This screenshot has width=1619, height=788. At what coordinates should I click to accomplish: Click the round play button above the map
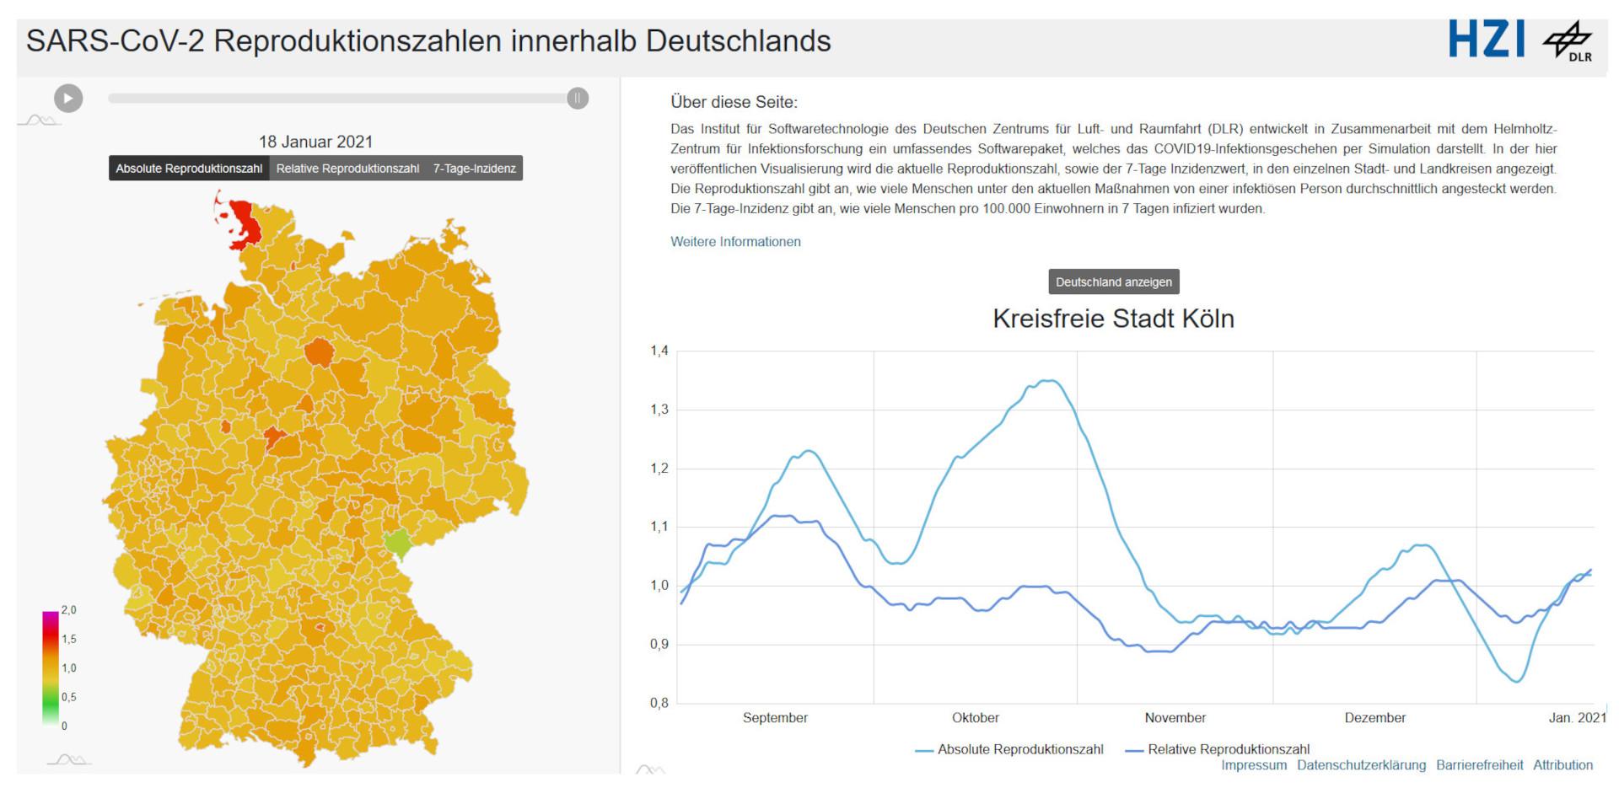(68, 99)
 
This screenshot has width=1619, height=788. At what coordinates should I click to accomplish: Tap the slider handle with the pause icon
(578, 99)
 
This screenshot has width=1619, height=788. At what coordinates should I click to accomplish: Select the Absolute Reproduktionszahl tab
(189, 169)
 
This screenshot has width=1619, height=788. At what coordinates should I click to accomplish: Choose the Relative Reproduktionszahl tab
(347, 169)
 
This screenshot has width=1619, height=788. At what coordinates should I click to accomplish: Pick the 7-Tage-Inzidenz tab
(474, 169)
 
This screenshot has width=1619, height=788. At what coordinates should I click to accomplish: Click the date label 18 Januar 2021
(315, 142)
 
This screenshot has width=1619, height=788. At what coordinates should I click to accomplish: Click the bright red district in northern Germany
(243, 223)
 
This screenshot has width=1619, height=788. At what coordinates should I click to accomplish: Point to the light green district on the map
(397, 544)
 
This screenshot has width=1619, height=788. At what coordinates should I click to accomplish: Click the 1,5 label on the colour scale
(69, 639)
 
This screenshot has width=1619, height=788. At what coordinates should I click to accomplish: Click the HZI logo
(1487, 40)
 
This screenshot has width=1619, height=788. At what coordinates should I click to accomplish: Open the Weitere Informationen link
(735, 242)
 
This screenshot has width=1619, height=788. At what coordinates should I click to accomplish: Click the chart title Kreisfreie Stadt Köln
(1113, 319)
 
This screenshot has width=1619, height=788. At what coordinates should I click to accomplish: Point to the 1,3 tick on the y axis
(659, 410)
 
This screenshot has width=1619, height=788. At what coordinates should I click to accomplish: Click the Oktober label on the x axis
(975, 718)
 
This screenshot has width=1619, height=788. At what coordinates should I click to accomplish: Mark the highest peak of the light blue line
(1050, 381)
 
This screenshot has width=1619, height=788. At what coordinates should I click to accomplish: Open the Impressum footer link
(1254, 765)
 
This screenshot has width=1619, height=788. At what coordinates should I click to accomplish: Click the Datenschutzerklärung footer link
(1361, 765)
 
